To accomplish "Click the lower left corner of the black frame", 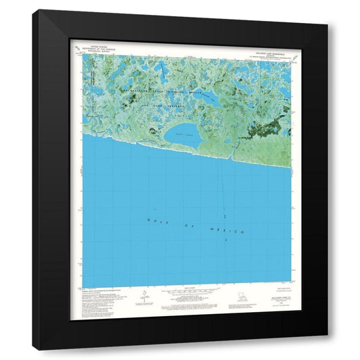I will (x=34, y=349).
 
